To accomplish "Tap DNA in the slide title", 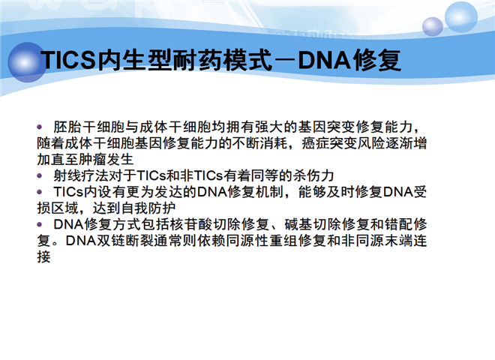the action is pos(324,60).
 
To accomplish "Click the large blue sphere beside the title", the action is pos(26,62).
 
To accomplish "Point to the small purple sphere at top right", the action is pos(433,26).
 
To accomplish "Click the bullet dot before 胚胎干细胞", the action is pos(40,127).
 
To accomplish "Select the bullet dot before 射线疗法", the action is pos(40,175).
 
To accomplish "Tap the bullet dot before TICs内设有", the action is pos(40,192).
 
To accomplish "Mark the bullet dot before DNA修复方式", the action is pos(40,224).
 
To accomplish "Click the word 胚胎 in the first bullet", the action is pos(67,127).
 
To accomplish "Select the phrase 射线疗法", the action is pos(81,175).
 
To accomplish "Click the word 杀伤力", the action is pos(313,175).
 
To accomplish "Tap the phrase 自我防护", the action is pos(148,208).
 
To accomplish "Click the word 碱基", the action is pos(298,224).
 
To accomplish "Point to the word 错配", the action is pos(399,224).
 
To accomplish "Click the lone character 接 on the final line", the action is pos(43,257).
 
